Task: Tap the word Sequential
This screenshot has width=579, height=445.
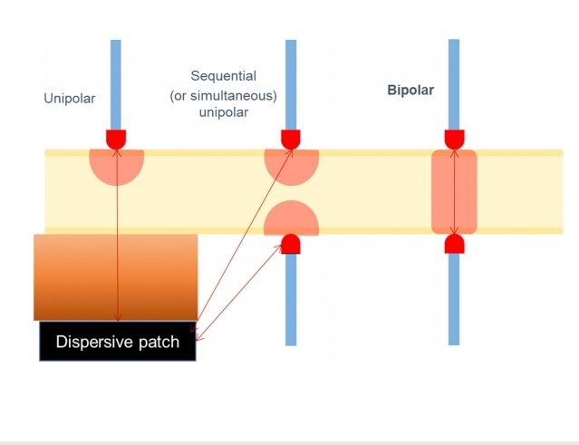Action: pos(224,75)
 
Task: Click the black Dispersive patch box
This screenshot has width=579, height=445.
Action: pos(118,342)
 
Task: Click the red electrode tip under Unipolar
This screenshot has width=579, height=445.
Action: pos(116,139)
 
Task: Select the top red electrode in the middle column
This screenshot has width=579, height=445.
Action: pos(291,139)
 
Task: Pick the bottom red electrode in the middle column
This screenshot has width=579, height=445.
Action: pos(291,244)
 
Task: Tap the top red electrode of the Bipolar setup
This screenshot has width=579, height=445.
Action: pos(454,139)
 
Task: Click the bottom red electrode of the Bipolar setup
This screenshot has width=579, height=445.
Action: pos(454,244)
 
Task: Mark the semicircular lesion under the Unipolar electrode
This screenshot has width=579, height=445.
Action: pos(116,165)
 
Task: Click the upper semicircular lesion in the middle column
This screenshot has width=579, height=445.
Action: pos(291,165)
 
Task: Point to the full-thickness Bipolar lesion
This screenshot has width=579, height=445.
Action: pos(454,191)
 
